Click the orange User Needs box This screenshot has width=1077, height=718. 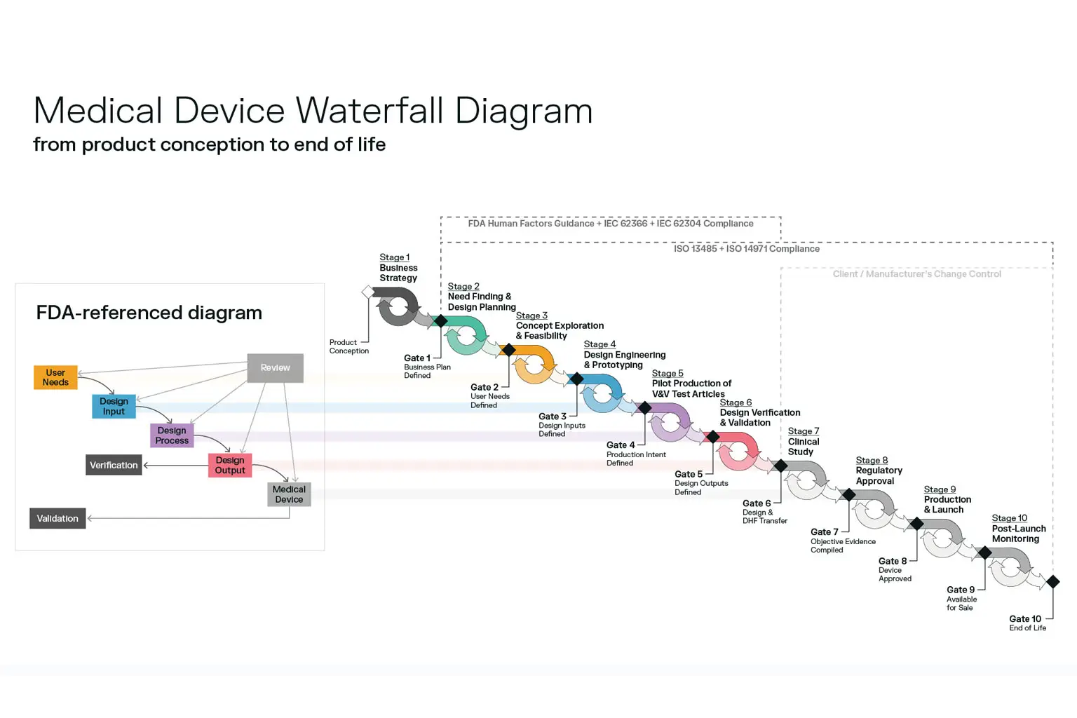pos(55,377)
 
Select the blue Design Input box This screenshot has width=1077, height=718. pos(114,406)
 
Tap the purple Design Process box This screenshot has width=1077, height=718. pos(172,435)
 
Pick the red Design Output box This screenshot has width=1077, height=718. pos(230,465)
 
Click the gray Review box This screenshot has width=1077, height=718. pos(275,367)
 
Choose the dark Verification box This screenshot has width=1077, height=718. pos(114,465)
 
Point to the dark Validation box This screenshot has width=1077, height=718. pos(57,518)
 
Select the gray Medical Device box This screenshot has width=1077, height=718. pos(289,494)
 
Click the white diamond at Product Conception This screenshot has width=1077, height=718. pos(367,292)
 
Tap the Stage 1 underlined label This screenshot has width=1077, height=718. pos(394,257)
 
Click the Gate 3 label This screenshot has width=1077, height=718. pos(552,416)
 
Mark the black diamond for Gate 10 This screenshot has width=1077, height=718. pos(1052,581)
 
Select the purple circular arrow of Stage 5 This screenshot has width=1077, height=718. pos(670,422)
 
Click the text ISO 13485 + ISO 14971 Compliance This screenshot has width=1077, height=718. pos(746,249)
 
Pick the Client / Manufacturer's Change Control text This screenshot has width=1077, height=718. pos(916,274)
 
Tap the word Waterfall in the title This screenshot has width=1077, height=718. pos(369,111)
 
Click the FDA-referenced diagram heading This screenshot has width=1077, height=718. pos(149,313)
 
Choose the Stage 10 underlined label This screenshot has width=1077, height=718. pos(1009,518)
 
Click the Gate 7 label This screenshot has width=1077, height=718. pos(824,532)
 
